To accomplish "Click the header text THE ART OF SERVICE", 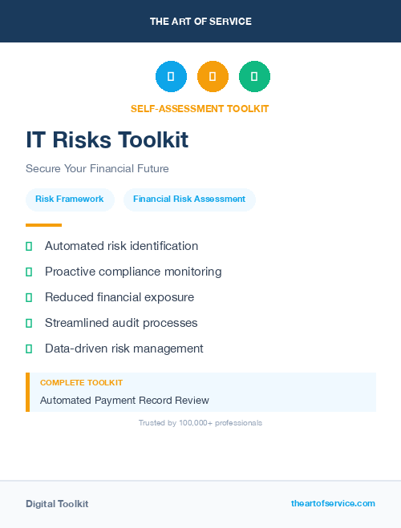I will point(200,22).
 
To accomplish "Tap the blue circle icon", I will point(171,76).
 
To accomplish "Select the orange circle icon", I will point(213,76).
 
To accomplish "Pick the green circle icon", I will point(254,76).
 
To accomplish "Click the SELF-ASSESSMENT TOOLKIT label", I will point(200,109).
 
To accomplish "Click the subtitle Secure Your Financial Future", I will point(97,169).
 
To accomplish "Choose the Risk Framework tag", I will point(70,199).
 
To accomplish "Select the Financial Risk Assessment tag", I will point(189,199).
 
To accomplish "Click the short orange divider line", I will point(43,225).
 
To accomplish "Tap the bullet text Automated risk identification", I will point(121,246).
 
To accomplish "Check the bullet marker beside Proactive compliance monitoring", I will point(29,272).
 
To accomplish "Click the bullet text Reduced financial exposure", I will point(119,297).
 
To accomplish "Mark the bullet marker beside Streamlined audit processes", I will point(29,323).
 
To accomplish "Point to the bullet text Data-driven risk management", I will point(124,349).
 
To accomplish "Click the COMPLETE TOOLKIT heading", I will point(81,383).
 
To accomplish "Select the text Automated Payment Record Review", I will point(124,400).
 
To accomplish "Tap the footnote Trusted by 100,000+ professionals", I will point(200,422).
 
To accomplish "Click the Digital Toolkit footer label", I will point(57,504).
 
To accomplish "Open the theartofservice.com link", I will point(333,503).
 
